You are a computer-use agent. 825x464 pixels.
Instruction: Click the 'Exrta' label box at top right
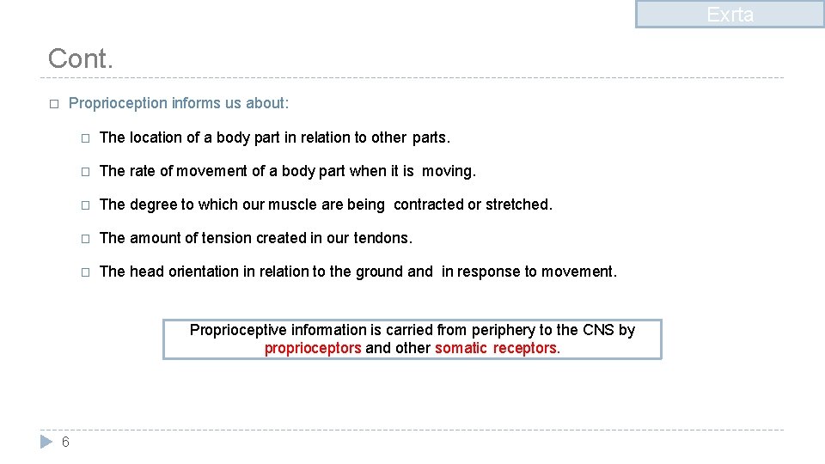[730, 15]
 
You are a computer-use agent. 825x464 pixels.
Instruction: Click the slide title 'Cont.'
[80, 58]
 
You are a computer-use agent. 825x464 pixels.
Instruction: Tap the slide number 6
[65, 442]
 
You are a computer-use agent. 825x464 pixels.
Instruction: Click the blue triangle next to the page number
[46, 442]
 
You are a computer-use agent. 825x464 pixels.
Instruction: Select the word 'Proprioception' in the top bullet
[118, 103]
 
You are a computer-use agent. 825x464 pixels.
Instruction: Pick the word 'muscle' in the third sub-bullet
[284, 205]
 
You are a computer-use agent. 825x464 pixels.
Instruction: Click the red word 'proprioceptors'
[313, 348]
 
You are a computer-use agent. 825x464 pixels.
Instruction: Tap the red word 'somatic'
[461, 348]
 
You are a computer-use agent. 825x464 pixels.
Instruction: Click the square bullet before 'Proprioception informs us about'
[53, 104]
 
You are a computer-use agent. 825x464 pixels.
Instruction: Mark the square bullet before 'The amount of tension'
[84, 239]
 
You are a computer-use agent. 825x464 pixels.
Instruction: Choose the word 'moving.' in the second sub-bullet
[449, 171]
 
